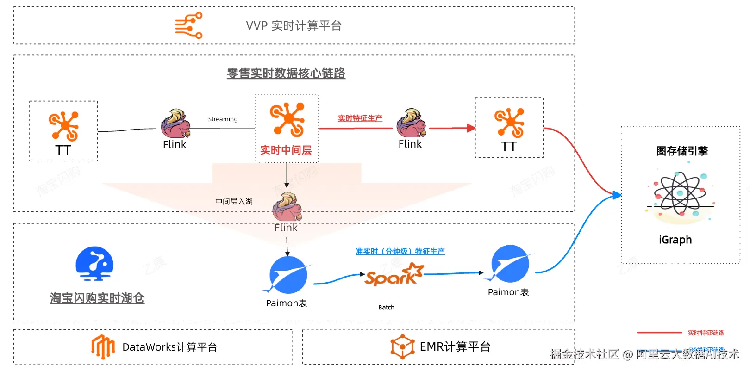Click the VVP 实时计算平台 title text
(294, 25)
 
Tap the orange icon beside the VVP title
(189, 25)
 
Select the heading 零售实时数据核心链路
(286, 73)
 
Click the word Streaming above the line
(223, 119)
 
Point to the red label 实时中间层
(286, 150)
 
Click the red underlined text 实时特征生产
(360, 118)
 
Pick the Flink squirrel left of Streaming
(175, 124)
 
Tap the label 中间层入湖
(234, 201)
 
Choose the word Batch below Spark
(386, 307)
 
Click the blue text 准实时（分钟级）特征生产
(400, 251)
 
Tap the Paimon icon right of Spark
(509, 264)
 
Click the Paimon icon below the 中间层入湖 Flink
(288, 275)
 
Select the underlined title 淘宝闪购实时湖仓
(97, 298)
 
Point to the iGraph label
(675, 240)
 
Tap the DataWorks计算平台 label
(169, 347)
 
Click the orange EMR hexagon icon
(402, 346)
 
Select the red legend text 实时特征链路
(706, 333)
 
